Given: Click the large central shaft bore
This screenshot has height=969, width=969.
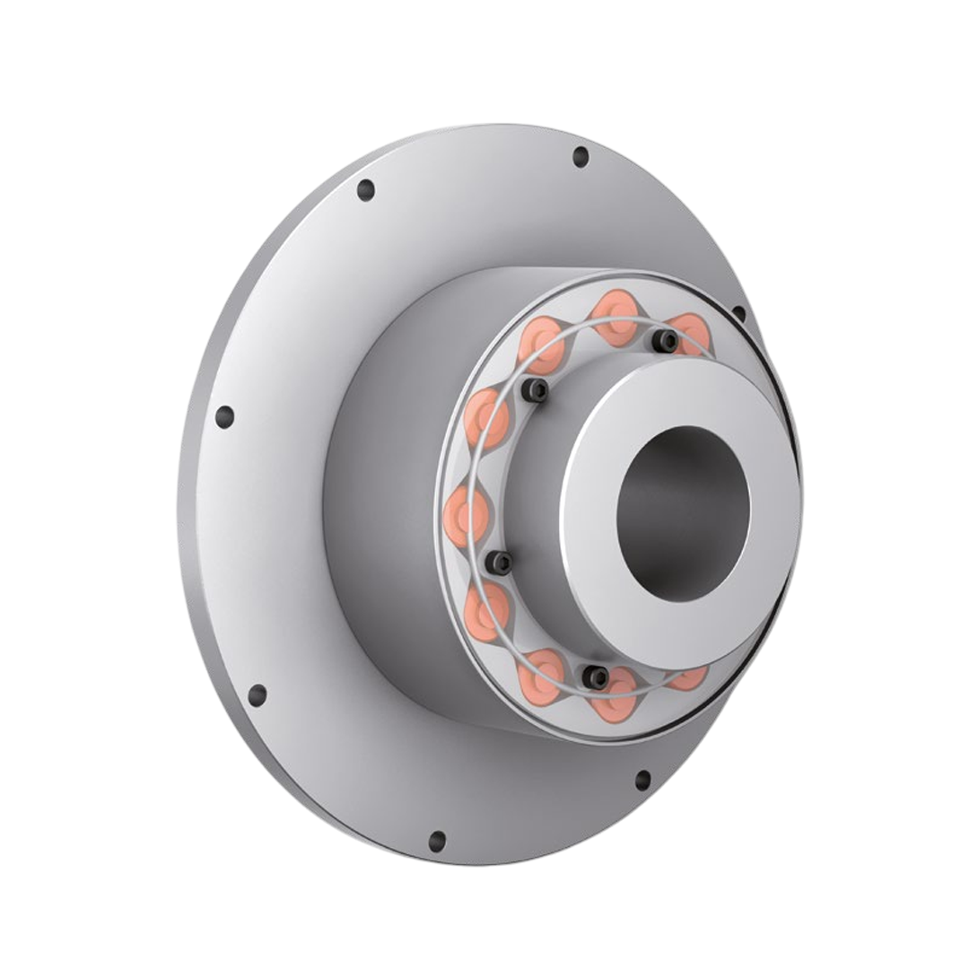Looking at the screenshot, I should coord(684,513).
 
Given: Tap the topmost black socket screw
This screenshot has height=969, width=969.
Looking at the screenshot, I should coord(665,340).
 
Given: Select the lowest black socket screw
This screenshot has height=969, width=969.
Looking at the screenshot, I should coord(594,677).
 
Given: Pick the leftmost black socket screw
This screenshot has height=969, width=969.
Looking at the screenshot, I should coord(499,563).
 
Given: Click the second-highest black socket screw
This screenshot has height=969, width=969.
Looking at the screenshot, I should coord(535,389).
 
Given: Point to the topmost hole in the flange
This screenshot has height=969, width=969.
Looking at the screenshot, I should coord(581,157).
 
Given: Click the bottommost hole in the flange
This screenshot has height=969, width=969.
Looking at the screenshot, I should coord(437,841).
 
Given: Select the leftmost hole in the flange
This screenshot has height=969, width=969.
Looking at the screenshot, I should coord(224,417).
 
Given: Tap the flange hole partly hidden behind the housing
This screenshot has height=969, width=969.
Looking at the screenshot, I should coord(738,313).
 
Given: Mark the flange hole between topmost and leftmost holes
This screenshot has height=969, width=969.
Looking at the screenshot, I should coord(365,190).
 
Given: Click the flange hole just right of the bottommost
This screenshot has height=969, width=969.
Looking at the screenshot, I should coord(642,780).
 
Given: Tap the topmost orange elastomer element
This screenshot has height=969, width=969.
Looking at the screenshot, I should coord(617,317).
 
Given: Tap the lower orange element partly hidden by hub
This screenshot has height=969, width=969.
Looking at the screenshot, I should coord(687,677).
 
